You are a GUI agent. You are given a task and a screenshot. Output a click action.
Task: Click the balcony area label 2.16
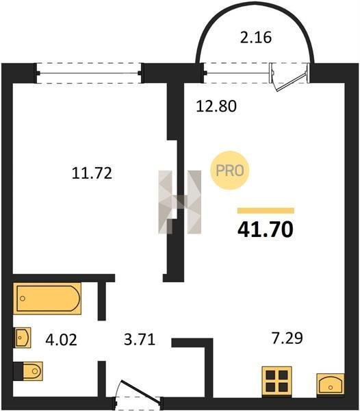pos(256,37)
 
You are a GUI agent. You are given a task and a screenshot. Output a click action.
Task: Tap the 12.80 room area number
pos(216,106)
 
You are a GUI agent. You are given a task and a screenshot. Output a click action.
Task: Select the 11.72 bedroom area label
pos(92,173)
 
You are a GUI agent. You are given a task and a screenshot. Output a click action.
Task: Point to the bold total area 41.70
pos(266,229)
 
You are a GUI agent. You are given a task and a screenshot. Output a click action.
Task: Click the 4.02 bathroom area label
pos(62,340)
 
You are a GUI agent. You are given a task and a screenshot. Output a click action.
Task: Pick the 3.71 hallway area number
pos(140,339)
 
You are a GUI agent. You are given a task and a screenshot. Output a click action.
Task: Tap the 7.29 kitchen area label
pos(287,338)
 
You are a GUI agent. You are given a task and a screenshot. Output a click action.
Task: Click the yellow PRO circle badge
pos(229,171)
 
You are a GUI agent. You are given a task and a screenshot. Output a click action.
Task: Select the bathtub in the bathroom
pos(47,298)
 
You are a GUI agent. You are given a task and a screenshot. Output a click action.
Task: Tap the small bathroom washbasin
pos(22,338)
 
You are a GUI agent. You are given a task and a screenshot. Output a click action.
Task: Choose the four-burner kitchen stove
pos(277,382)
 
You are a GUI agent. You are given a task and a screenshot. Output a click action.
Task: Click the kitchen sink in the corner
pos(331,384)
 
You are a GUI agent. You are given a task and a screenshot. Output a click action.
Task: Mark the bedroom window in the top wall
pos(89,73)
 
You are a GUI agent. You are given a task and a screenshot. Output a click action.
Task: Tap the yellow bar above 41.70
pos(266,211)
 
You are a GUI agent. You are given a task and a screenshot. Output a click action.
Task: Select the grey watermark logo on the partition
pos(180,202)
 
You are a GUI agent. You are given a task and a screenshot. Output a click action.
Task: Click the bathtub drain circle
pos(23,298)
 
